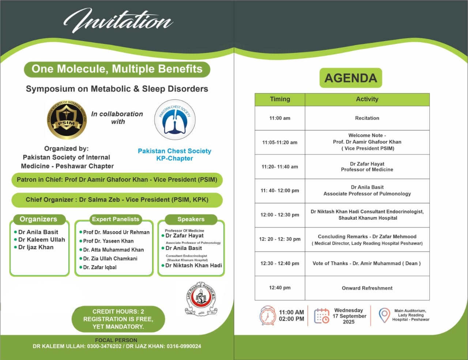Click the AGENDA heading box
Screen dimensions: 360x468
(x=351, y=78)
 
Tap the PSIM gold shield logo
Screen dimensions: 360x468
(x=67, y=120)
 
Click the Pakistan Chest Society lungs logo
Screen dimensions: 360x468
(x=175, y=120)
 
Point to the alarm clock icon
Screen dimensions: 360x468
(x=268, y=315)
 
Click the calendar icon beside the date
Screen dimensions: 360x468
(x=321, y=316)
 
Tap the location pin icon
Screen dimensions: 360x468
(x=384, y=315)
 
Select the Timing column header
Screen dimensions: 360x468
(x=280, y=99)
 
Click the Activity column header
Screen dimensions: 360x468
(x=367, y=99)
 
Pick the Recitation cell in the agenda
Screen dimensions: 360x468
(x=367, y=118)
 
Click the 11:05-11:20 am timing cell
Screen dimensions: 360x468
(x=280, y=142)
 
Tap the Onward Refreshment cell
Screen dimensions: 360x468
(x=367, y=288)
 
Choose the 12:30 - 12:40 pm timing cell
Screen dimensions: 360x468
(x=280, y=263)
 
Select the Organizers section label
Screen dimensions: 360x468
(x=38, y=219)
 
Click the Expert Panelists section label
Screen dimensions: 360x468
(x=116, y=219)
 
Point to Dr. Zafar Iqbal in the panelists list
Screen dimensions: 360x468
(x=100, y=267)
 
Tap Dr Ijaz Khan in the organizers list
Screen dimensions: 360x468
(x=36, y=247)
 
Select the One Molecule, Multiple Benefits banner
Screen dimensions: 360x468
(x=117, y=69)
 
